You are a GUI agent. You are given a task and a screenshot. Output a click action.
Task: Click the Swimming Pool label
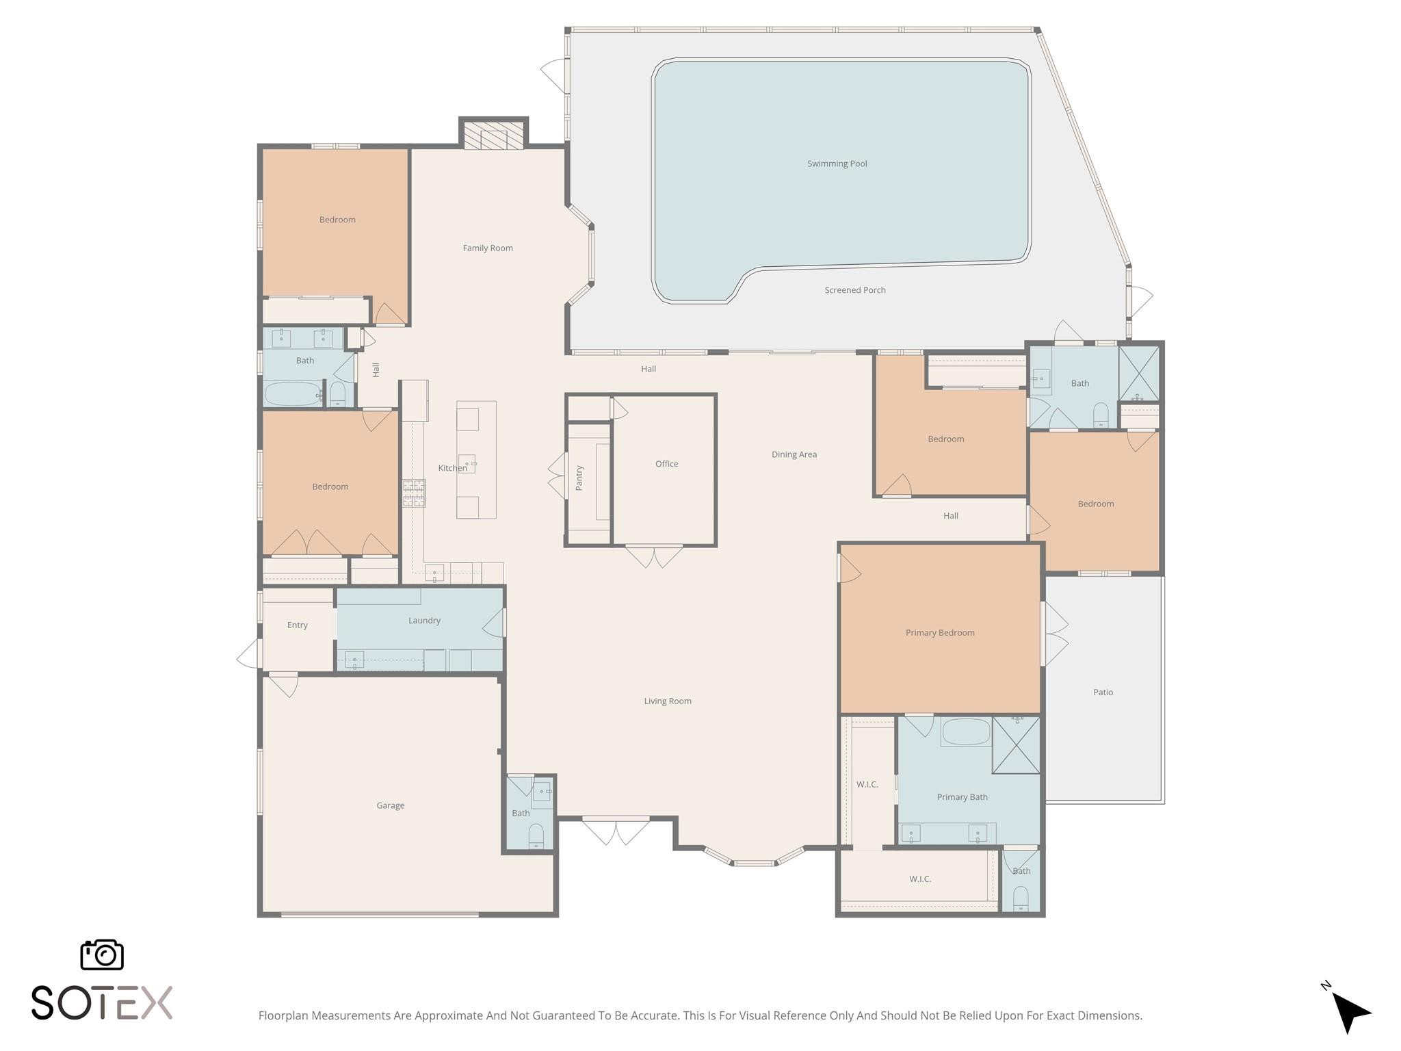tap(837, 164)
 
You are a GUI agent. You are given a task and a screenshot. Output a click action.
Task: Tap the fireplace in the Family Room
tap(493, 135)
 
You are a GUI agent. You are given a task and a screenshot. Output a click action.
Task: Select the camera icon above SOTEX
tap(102, 955)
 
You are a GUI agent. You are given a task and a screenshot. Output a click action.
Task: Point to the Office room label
tap(666, 464)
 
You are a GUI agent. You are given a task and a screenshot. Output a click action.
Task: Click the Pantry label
tap(579, 478)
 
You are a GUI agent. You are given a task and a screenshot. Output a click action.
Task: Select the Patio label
tap(1103, 692)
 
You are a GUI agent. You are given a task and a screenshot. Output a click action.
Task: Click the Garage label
tap(390, 805)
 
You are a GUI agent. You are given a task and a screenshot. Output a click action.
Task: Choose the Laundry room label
tap(424, 621)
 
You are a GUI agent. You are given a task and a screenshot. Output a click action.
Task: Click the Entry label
tap(297, 625)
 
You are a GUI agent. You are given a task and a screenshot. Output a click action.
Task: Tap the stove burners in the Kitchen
tap(413, 493)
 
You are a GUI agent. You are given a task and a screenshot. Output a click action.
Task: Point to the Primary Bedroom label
tap(940, 633)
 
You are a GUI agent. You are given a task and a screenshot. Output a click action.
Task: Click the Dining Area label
tap(794, 454)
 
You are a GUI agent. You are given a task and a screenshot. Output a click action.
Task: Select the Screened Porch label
tap(854, 290)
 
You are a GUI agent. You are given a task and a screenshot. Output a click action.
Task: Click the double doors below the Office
tap(654, 556)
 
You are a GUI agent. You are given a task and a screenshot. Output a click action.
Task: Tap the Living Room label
tap(667, 701)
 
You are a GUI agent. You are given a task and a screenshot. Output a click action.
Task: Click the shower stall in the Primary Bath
tap(1017, 745)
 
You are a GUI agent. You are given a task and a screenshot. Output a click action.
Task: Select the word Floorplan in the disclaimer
tap(283, 1015)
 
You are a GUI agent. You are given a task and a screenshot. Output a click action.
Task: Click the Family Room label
tap(487, 248)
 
